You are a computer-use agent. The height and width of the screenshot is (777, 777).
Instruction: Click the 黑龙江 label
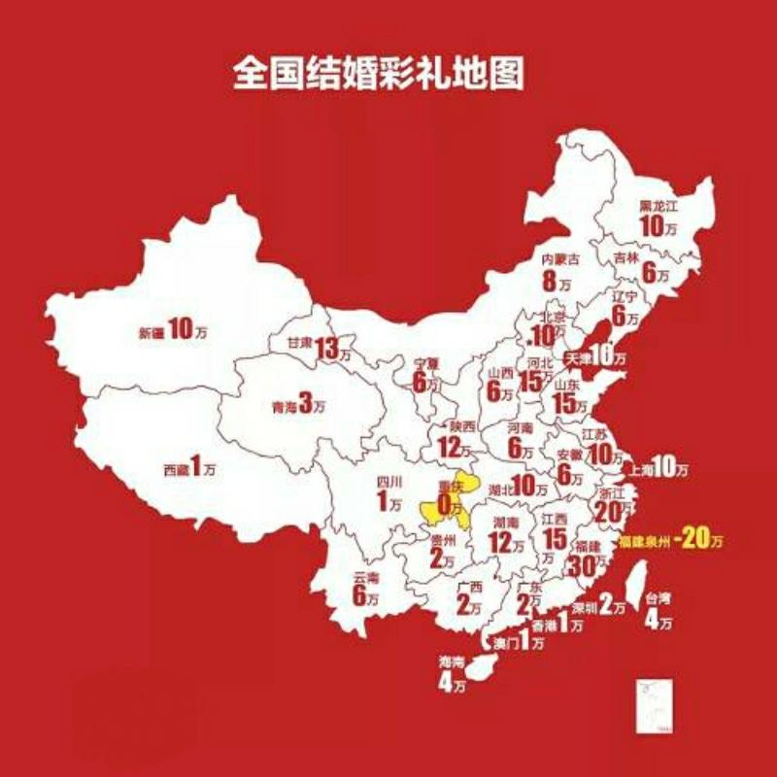(x=658, y=207)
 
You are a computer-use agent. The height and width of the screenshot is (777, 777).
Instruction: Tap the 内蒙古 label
(x=560, y=259)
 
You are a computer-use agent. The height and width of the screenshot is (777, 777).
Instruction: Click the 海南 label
(x=452, y=662)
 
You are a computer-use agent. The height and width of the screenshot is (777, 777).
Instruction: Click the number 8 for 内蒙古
(x=551, y=282)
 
